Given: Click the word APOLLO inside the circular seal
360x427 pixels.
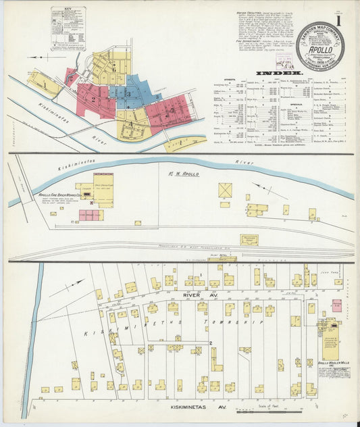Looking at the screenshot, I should [x=319, y=49].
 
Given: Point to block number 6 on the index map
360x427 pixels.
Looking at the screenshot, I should [x=114, y=68].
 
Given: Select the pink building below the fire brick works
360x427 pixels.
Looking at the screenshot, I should [x=89, y=215].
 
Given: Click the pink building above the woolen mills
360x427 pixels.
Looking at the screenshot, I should [x=336, y=305].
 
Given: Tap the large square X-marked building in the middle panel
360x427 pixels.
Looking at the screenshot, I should [x=225, y=190].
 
